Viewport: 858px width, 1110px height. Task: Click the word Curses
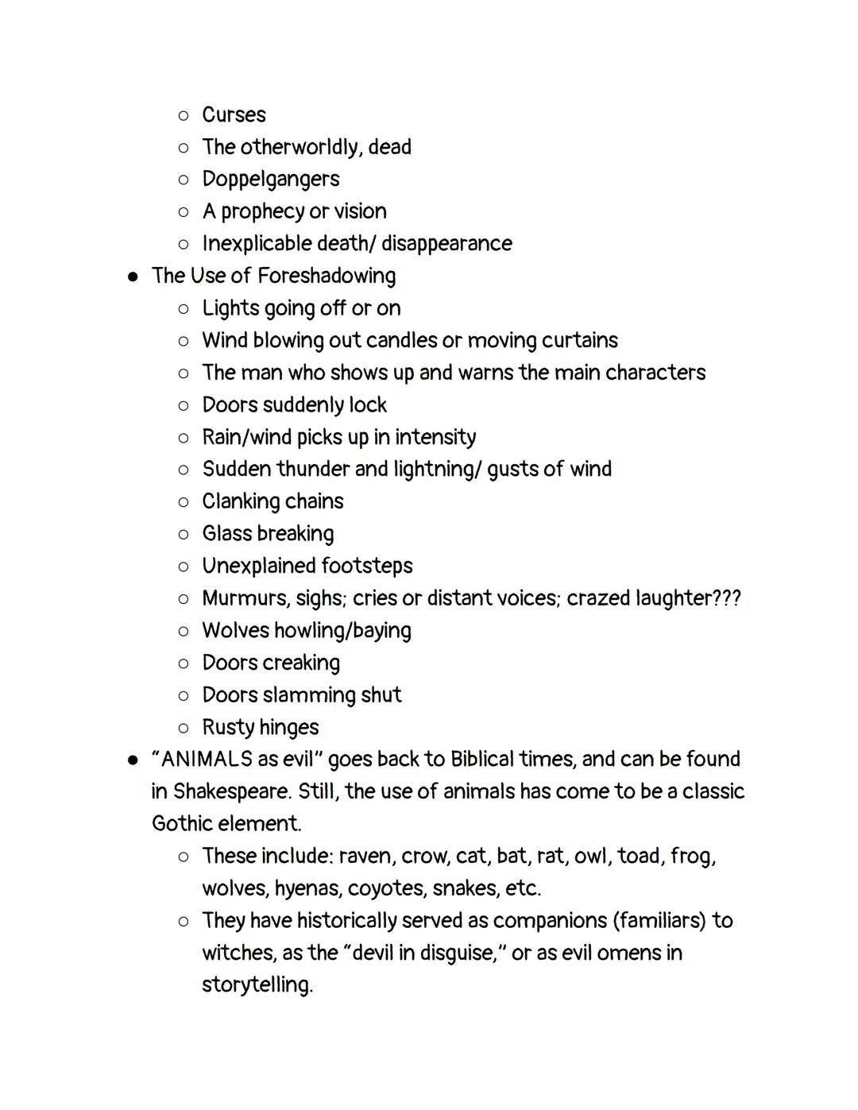click(x=234, y=115)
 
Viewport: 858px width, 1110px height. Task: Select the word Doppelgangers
click(x=270, y=180)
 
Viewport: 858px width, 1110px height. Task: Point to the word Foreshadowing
click(x=327, y=276)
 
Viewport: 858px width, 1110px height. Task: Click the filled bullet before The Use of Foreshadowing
click(x=133, y=277)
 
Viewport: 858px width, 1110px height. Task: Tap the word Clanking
click(x=239, y=502)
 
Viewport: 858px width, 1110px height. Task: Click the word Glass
click(x=226, y=534)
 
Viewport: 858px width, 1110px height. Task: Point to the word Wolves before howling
click(x=235, y=631)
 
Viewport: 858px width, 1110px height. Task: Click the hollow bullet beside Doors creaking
click(x=184, y=663)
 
